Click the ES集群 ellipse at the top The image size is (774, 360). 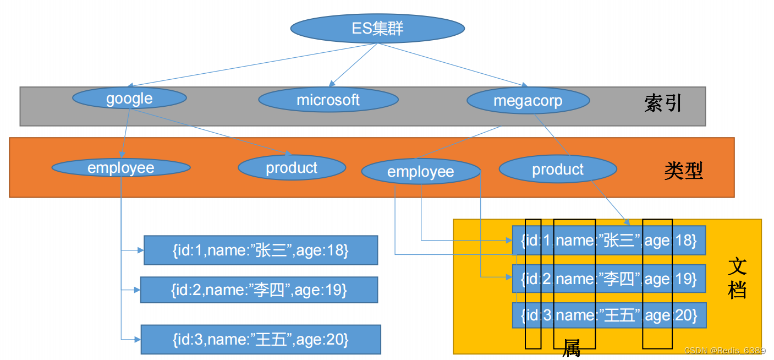[377, 28]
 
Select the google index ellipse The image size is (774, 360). [129, 99]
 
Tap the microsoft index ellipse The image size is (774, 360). [328, 100]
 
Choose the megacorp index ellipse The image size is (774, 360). [528, 101]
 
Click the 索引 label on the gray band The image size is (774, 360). [663, 103]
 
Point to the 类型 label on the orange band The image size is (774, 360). [683, 171]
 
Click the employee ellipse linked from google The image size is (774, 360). [121, 167]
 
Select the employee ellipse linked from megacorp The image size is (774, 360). [421, 172]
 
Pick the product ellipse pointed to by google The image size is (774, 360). [292, 167]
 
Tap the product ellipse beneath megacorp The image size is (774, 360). [557, 170]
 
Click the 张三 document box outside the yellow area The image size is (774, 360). [260, 250]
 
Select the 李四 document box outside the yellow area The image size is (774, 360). [259, 290]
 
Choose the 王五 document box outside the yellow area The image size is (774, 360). [261, 340]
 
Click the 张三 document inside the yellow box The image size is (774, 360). [608, 241]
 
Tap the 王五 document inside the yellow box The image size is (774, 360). [608, 315]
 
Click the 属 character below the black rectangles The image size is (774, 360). [571, 348]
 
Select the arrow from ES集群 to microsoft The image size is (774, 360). [353, 64]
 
